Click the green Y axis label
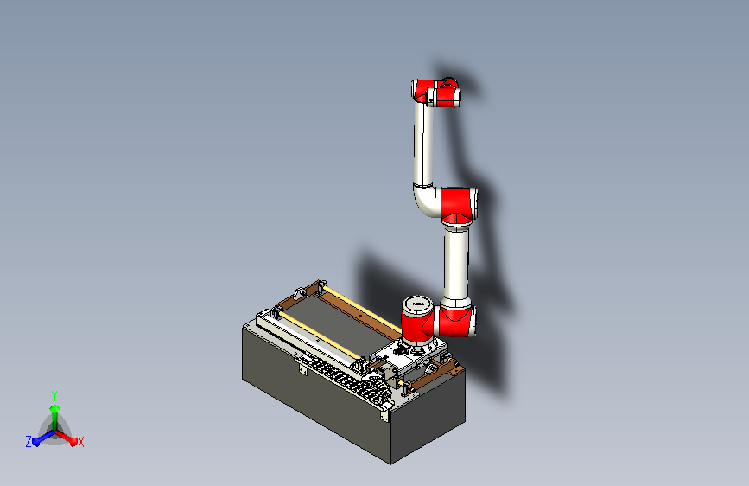54,395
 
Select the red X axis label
80,443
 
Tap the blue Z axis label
29,442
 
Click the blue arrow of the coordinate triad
43,438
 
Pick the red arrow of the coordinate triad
66,438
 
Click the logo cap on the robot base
417,304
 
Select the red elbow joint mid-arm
458,206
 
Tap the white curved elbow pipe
424,200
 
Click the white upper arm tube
422,144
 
